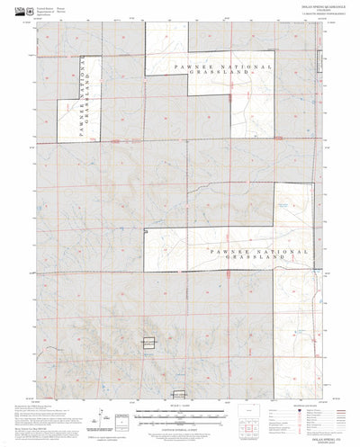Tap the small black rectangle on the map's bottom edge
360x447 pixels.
180,393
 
